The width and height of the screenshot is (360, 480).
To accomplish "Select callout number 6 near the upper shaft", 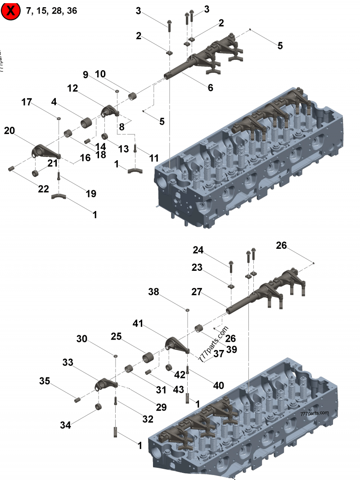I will pos(210,88).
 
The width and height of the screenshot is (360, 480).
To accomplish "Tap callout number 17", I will pos(27,102).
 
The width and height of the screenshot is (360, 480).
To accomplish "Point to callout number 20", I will pos(9,130).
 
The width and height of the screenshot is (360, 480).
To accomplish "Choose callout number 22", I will pos(43,189).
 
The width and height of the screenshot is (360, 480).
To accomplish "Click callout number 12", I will pos(73,89).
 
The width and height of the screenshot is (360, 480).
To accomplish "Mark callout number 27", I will pos(197,292).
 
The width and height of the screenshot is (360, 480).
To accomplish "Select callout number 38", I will pos(154,292).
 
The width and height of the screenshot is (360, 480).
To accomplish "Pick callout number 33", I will pos(68,362).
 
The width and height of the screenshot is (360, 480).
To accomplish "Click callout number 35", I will pos(45,381).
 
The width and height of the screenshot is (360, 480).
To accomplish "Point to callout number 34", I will pos(66,424).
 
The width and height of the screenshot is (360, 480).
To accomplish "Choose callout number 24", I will pos(198,250).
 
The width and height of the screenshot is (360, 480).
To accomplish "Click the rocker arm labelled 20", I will pos(45,152).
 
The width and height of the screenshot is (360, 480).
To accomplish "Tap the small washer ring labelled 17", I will pos(59,119).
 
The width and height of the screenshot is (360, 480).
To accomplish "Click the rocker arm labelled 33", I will pos(106,384).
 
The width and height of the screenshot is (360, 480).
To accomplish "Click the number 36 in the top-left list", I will pos(72,11).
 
